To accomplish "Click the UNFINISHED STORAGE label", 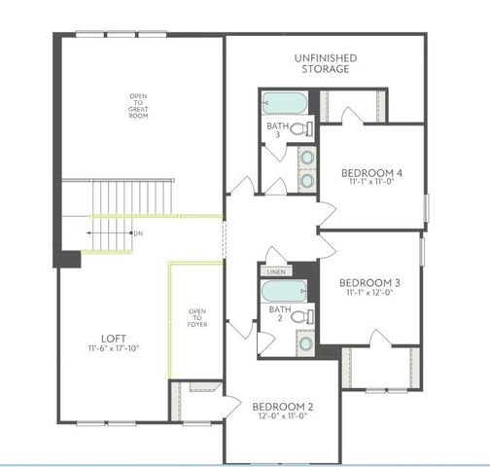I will coord(325,64).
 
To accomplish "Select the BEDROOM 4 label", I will coord(372,172).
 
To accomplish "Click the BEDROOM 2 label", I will coord(283,407).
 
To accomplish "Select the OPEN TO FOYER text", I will coord(195,318).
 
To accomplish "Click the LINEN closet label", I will coord(275,272).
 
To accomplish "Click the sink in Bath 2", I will coord(305,342).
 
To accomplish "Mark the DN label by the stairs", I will coord(138,233).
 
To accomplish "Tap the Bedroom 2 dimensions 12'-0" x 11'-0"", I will coord(283,417).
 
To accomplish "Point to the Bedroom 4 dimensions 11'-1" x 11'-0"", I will coord(372,182).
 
